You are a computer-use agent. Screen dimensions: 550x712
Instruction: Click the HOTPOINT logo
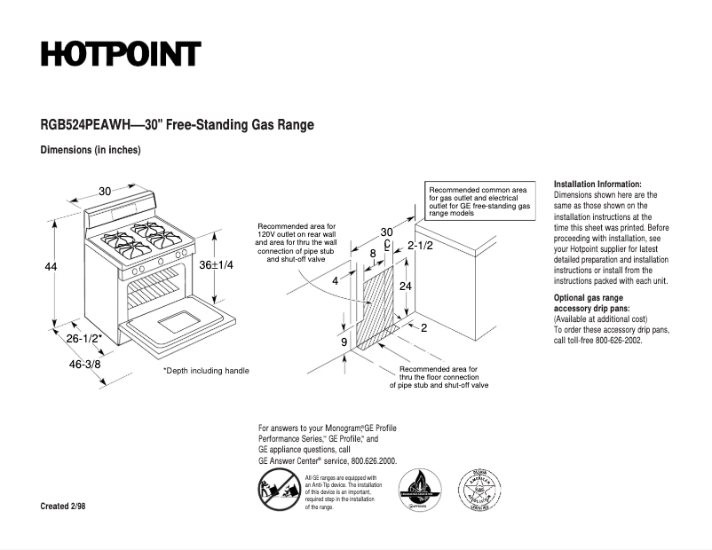click(x=121, y=55)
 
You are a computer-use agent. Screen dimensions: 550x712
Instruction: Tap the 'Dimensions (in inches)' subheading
click(x=91, y=150)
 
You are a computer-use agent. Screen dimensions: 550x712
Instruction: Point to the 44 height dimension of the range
click(x=51, y=266)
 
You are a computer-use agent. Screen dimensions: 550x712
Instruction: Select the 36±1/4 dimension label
click(x=216, y=265)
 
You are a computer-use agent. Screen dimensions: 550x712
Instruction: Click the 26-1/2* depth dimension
click(x=84, y=338)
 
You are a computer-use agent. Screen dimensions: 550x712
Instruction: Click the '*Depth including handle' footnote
click(x=206, y=371)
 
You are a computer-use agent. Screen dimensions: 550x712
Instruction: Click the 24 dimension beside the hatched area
click(x=404, y=287)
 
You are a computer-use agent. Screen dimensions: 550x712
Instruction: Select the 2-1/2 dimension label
click(x=419, y=245)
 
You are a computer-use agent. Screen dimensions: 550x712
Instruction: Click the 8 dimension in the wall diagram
click(x=373, y=254)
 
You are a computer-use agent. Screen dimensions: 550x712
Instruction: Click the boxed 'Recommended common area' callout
click(x=479, y=202)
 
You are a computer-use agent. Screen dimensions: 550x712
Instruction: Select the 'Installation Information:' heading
click(x=597, y=183)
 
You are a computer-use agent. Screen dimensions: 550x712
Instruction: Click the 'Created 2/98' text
click(x=64, y=506)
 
